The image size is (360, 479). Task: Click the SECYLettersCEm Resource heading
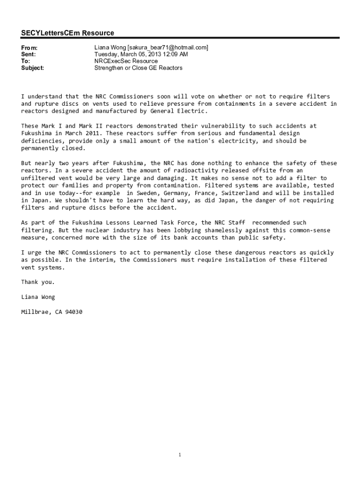[67, 33]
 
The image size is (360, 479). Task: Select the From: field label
[29, 48]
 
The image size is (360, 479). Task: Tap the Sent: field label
[29, 54]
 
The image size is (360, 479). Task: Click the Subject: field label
[33, 68]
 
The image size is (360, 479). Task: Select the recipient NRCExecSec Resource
[126, 61]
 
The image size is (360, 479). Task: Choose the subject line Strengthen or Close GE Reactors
[138, 68]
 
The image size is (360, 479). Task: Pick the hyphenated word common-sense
[310, 230]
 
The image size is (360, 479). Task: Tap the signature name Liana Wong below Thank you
[38, 297]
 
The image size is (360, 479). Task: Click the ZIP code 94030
[73, 312]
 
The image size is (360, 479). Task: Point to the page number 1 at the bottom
[180, 455]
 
